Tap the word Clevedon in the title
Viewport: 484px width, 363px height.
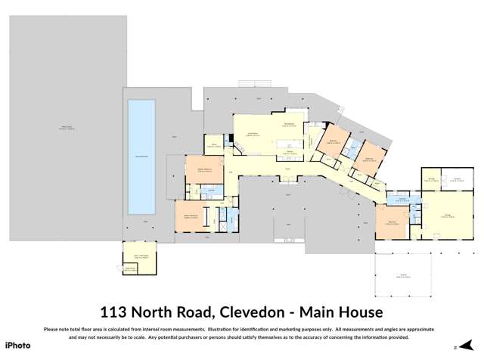256,311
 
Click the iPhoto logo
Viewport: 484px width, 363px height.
19,344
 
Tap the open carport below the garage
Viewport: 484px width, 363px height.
402,276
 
